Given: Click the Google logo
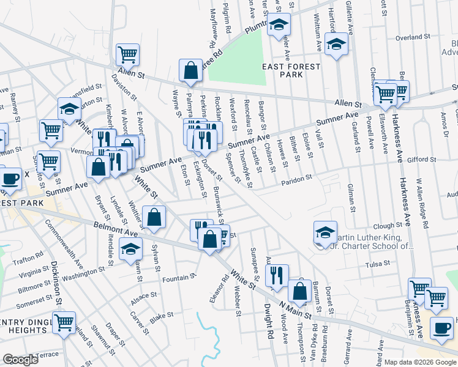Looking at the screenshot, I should point(21,360).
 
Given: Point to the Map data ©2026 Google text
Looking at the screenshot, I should point(420,361).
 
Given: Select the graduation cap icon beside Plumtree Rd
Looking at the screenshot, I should point(279,25).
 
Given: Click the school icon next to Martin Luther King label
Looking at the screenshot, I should point(325,232).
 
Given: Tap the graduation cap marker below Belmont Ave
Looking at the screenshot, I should point(130,250).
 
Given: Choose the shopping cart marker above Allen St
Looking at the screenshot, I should point(127,54).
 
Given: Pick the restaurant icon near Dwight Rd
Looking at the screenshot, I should point(277,275).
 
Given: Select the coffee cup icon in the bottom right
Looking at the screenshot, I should point(441,327).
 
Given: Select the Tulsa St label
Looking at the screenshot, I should point(378,264).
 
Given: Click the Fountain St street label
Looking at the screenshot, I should point(179,278).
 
